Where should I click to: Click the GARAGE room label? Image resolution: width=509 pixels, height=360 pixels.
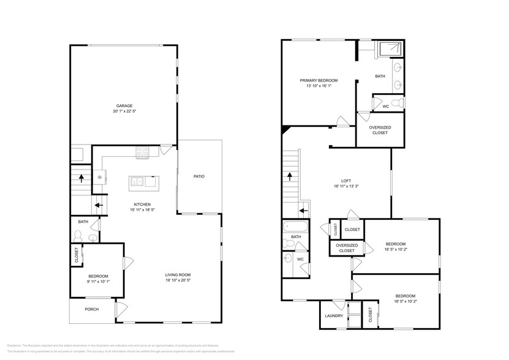pyautogui.click(x=124, y=105)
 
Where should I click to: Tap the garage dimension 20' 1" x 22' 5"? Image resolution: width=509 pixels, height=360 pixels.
pyautogui.click(x=124, y=111)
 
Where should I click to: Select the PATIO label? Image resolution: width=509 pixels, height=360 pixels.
pyautogui.click(x=198, y=176)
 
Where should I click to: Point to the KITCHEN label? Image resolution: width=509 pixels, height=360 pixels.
pyautogui.click(x=142, y=204)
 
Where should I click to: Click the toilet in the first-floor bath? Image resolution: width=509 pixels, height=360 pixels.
pyautogui.click(x=78, y=236)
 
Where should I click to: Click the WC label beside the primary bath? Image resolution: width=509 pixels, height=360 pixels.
pyautogui.click(x=385, y=107)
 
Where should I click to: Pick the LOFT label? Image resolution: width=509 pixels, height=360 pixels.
pyautogui.click(x=346, y=181)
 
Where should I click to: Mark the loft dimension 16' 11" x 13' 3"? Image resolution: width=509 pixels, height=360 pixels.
pyautogui.click(x=346, y=187)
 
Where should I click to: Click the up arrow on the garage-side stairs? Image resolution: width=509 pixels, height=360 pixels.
pyautogui.click(x=81, y=178)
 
